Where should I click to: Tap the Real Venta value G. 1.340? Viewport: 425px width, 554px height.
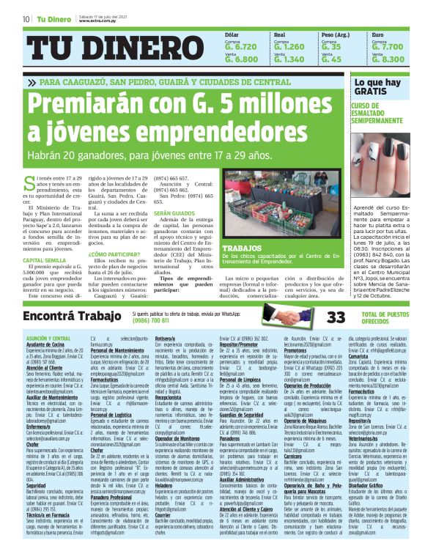click(288, 59)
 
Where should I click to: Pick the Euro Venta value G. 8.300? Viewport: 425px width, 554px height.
click(388, 59)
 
